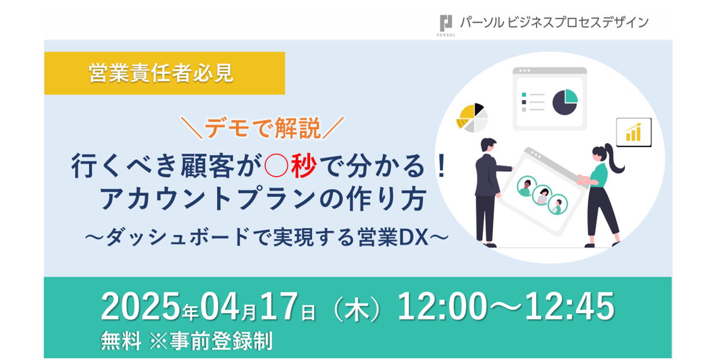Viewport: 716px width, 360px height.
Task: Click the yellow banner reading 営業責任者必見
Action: click(164, 73)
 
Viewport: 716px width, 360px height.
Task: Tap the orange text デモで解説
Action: click(262, 128)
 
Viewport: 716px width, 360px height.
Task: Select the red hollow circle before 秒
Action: click(277, 166)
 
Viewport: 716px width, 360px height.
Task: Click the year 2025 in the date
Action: click(141, 306)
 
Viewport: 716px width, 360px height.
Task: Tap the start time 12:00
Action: click(442, 306)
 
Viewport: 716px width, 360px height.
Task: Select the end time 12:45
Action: click(570, 306)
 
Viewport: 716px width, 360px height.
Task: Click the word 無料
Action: click(121, 341)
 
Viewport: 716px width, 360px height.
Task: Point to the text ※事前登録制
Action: click(211, 341)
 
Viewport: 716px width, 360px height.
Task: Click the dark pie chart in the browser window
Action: click(565, 102)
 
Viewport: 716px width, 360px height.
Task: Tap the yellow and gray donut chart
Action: click(472, 117)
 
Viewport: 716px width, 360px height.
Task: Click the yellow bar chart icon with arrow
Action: click(634, 132)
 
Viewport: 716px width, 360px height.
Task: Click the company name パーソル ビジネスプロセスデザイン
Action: click(555, 23)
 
